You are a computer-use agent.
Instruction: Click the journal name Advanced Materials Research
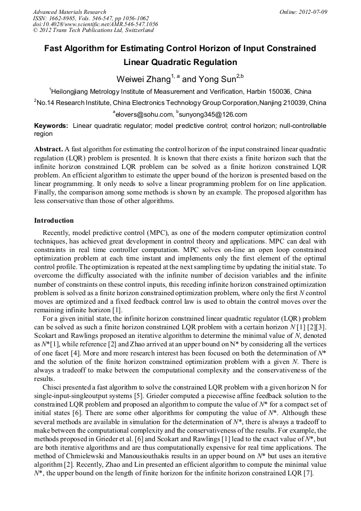69,12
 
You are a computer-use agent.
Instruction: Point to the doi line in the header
95,25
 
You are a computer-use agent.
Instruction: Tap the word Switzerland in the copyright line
135,30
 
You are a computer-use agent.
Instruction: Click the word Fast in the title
55,48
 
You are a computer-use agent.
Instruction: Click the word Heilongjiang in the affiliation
73,92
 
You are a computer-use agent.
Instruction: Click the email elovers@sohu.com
144,114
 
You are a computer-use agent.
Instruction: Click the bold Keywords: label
51,126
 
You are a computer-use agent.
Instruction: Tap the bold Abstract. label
49,149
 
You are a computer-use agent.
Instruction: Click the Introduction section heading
54,220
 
